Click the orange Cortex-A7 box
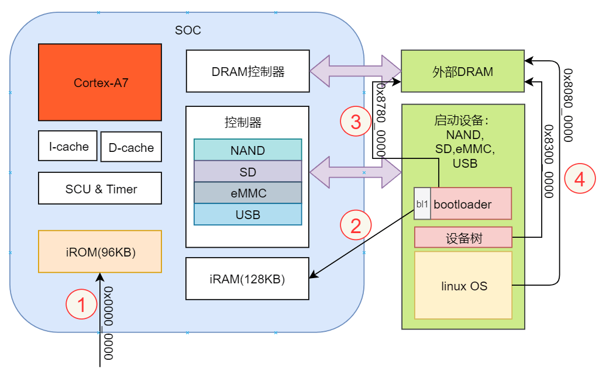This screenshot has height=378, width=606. [100, 82]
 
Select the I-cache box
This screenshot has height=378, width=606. [68, 146]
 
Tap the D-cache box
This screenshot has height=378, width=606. [130, 147]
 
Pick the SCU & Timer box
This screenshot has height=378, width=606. [100, 188]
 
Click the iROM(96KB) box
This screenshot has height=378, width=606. [100, 252]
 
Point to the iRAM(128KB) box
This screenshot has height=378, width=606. [247, 279]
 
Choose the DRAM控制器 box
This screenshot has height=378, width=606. [247, 71]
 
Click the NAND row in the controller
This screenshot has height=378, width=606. [247, 150]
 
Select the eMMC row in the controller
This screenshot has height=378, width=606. [247, 193]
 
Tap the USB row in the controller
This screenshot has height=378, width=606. [247, 214]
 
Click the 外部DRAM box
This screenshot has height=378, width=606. [462, 71]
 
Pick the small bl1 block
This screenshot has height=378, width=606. [422, 203]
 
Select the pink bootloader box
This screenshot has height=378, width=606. [470, 203]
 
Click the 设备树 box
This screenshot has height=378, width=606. [463, 238]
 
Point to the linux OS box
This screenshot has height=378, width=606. [463, 286]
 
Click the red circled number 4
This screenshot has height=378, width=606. [579, 179]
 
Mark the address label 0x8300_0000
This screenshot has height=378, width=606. [548, 161]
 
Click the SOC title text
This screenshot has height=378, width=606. [188, 30]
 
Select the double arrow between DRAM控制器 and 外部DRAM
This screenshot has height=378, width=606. [355, 71]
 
